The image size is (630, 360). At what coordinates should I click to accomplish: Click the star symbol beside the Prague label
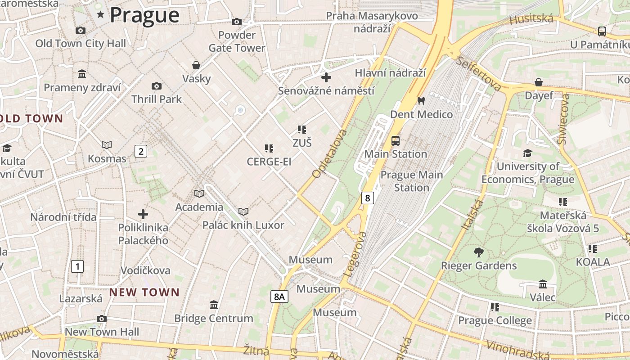coord(100,15)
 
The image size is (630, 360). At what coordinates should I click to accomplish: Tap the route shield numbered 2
coord(141,151)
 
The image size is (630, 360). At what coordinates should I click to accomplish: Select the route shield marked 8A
coord(279,296)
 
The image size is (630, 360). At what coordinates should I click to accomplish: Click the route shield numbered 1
coord(77,266)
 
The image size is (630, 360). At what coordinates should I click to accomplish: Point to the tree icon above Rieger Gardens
coord(479,252)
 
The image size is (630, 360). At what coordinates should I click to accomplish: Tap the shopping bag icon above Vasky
coord(196,65)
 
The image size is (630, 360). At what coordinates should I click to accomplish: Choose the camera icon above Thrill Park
coord(157,86)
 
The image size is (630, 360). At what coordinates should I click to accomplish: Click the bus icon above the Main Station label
coord(396,141)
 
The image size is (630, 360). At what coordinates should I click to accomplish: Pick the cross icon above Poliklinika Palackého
coord(143,214)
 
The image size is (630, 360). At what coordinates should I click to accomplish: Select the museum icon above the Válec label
coord(543,284)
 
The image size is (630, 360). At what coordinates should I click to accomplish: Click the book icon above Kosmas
coord(107,145)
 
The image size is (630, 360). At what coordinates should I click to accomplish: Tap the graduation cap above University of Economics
coord(527,153)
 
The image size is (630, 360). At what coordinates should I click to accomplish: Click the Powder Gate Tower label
coord(237,41)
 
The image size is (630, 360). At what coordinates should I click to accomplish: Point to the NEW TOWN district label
coord(144,292)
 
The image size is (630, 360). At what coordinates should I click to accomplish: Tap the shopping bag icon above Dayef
coord(539,82)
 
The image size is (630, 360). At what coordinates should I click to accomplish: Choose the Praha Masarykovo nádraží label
coord(372,22)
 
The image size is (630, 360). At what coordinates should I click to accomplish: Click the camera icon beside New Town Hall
coord(102,319)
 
